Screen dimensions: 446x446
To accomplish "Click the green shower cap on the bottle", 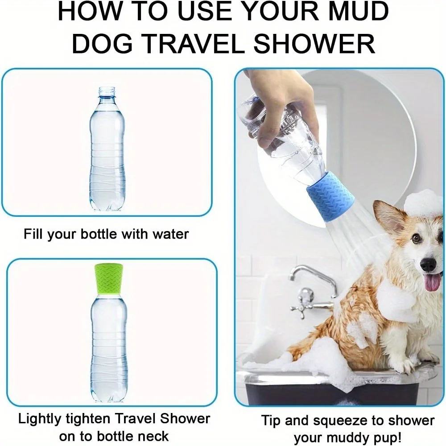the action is [109, 279].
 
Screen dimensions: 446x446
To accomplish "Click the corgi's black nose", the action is [428, 264].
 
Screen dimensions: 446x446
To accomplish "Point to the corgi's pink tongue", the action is [432, 283].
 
